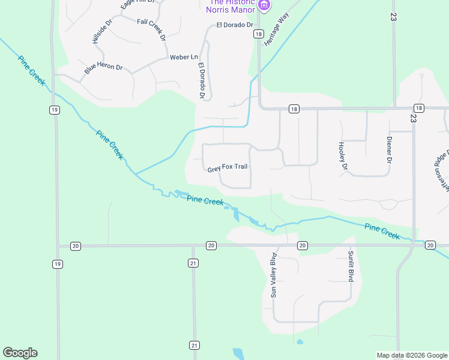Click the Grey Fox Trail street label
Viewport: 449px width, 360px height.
[228, 167]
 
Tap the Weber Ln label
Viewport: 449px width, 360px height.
[184, 57]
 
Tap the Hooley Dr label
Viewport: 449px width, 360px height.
[343, 155]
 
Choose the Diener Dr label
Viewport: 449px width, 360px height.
[388, 150]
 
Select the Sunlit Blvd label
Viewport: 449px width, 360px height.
[351, 266]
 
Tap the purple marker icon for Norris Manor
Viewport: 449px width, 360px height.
[264, 6]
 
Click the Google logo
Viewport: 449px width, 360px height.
[20, 353]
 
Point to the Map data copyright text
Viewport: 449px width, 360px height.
[411, 355]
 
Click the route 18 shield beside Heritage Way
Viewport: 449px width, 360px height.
[258, 34]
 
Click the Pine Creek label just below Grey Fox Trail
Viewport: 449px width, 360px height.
[205, 200]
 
